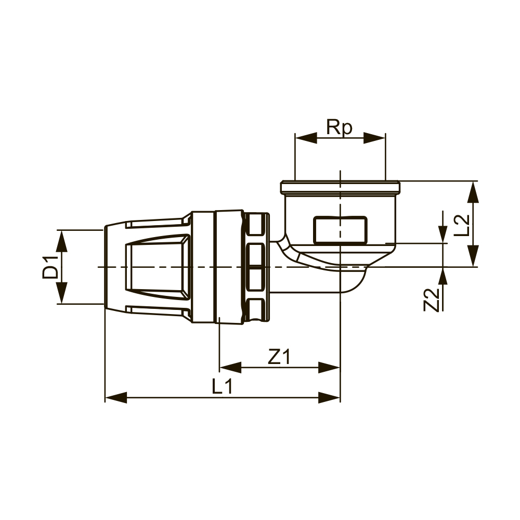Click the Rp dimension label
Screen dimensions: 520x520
click(x=339, y=127)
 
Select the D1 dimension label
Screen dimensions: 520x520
click(x=51, y=267)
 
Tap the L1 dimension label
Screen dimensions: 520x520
click(x=222, y=386)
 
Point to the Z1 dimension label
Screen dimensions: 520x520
click(x=279, y=357)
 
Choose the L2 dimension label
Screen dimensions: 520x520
click(x=461, y=225)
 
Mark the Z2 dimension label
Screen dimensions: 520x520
click(x=431, y=300)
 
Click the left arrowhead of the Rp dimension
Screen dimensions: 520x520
click(x=306, y=138)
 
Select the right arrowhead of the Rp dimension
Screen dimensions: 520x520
click(x=375, y=138)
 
